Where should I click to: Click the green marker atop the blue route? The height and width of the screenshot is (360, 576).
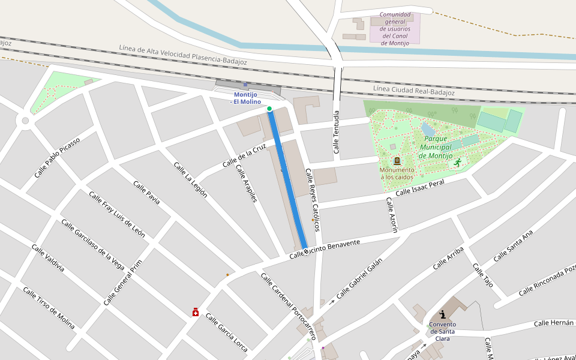click(x=269, y=109)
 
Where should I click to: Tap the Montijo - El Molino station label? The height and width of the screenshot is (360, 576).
click(x=245, y=98)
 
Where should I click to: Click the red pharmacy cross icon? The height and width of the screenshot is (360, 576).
click(x=196, y=312)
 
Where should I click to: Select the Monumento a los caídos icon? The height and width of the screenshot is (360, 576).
click(x=397, y=160)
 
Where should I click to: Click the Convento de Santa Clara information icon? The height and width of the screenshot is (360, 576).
click(x=443, y=314)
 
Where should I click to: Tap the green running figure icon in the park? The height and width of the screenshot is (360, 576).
click(x=458, y=163)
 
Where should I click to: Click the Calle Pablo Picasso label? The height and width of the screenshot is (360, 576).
click(x=57, y=157)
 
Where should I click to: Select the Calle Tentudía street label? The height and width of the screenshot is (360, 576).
click(x=337, y=132)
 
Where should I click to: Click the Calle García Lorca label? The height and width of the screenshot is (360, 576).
click(x=226, y=332)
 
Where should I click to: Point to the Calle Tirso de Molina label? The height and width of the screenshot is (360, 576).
click(x=49, y=308)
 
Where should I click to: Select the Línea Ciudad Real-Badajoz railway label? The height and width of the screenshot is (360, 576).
click(x=413, y=91)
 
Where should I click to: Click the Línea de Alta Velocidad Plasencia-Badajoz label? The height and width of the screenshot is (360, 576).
click(x=183, y=54)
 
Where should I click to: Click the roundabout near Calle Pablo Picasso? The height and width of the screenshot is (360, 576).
click(x=25, y=121)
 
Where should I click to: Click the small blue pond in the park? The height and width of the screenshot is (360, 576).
click(x=428, y=129)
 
